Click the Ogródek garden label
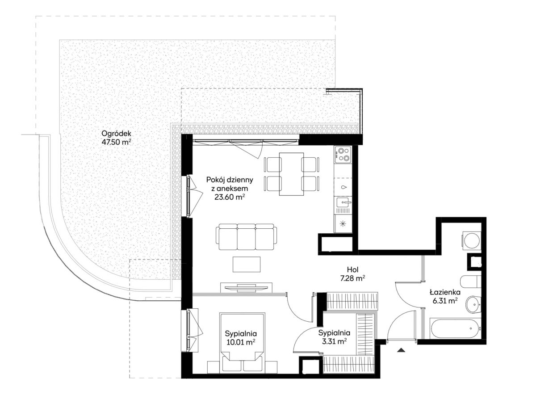(x=116, y=134)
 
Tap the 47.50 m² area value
(x=116, y=142)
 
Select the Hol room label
(x=353, y=270)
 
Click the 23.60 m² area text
(x=230, y=197)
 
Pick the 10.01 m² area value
(x=240, y=342)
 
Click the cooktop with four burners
(x=343, y=155)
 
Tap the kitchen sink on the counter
(x=343, y=203)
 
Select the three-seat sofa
(x=246, y=237)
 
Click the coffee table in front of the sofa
(x=247, y=264)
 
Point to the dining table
(x=291, y=174)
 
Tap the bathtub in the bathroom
(x=455, y=328)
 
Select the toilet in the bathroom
(x=470, y=282)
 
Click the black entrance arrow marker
(x=401, y=350)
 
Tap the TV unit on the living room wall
(x=246, y=287)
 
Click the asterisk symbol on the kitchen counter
(x=343, y=224)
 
